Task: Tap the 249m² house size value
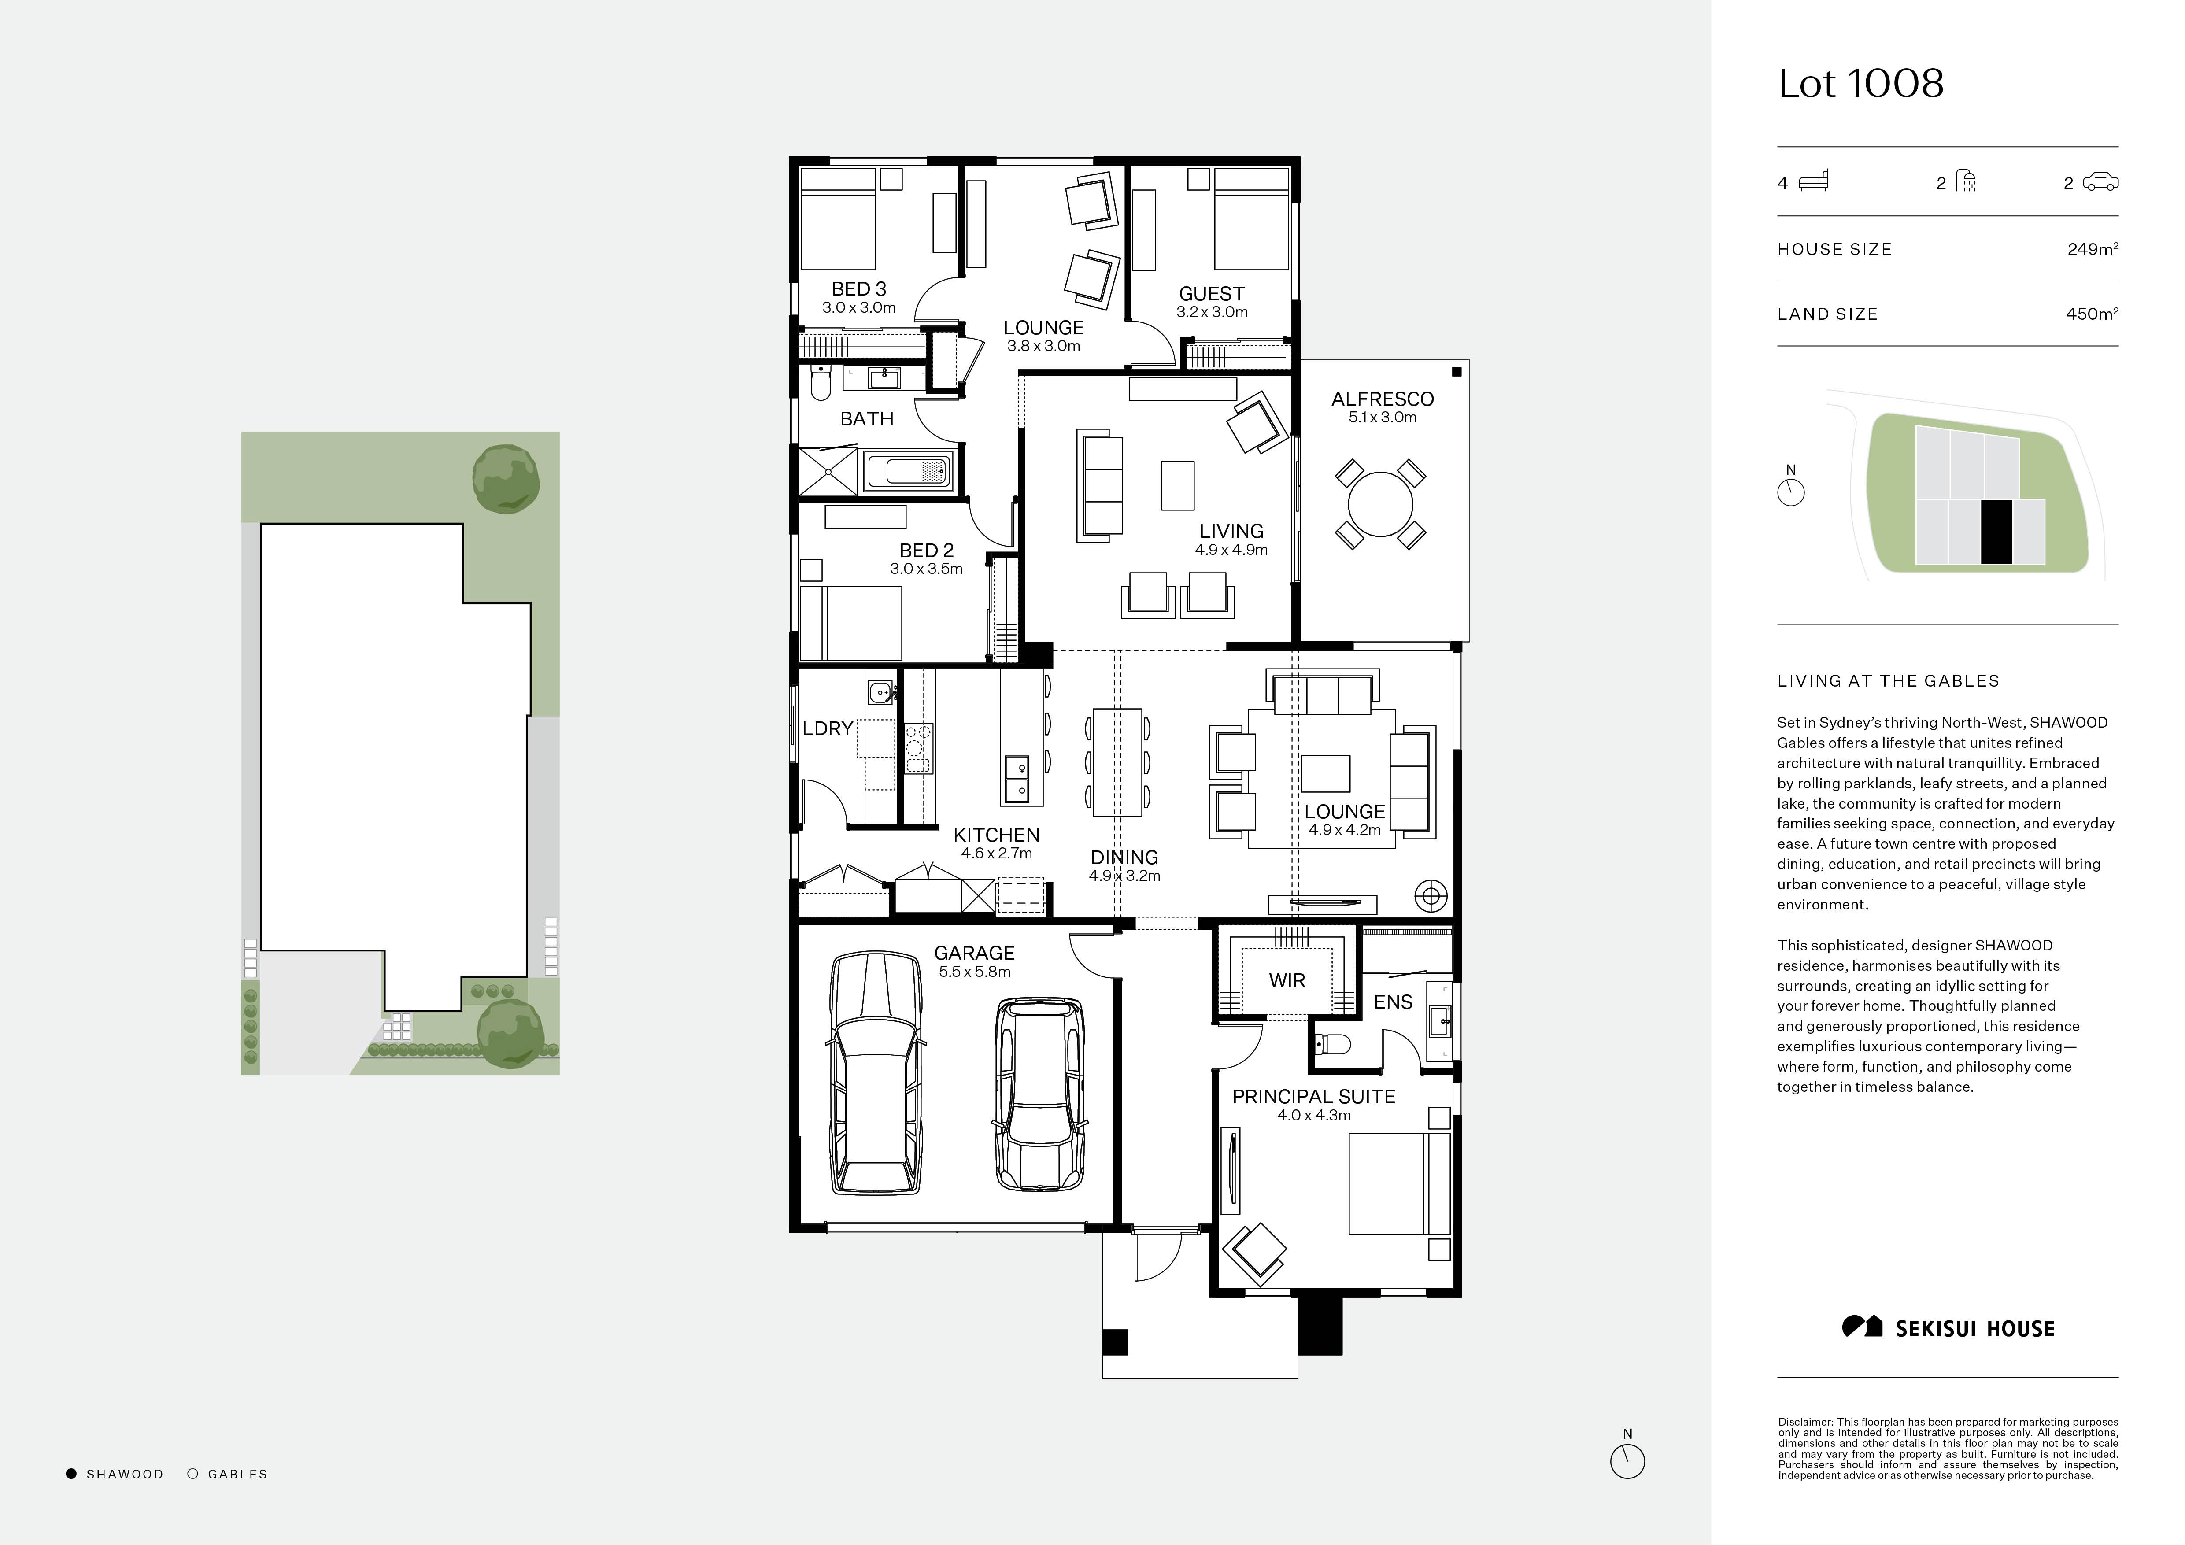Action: [2092, 249]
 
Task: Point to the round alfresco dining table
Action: [1380, 504]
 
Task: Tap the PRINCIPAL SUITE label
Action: [1313, 1096]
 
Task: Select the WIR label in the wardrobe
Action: [1287, 980]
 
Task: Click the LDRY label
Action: [827, 729]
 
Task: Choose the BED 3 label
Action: [858, 288]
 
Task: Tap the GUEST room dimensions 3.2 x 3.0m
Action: [1212, 312]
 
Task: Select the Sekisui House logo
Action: [1948, 1328]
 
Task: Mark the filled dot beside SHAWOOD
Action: [71, 1474]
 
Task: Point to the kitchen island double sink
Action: [1017, 778]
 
